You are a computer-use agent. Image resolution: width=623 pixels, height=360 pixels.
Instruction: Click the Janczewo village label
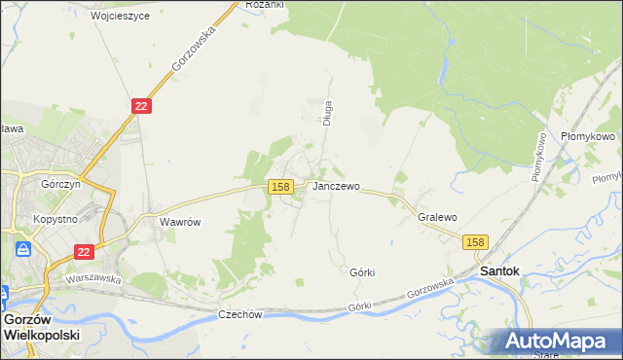click(x=336, y=186)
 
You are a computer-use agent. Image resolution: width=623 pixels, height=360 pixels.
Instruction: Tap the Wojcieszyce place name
click(x=120, y=17)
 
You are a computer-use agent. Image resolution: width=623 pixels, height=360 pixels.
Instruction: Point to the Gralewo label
click(x=437, y=217)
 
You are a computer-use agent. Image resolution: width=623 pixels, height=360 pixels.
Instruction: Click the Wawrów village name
click(x=180, y=222)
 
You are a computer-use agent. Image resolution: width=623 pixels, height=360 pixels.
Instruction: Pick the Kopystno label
click(x=55, y=220)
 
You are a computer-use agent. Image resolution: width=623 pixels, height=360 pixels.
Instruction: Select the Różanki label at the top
click(x=264, y=5)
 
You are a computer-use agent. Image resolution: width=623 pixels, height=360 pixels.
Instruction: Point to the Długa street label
click(x=328, y=114)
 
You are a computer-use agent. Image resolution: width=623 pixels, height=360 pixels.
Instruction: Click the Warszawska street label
click(x=92, y=278)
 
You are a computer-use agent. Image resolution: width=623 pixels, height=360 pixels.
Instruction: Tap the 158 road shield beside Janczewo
click(x=280, y=187)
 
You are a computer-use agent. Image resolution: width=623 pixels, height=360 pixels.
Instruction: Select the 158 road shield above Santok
click(x=475, y=242)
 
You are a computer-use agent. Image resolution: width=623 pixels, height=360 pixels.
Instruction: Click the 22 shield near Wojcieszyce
click(x=141, y=106)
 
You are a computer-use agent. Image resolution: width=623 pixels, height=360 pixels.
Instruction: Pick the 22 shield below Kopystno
click(x=85, y=252)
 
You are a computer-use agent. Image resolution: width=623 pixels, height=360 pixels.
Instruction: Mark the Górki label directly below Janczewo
click(x=362, y=272)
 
